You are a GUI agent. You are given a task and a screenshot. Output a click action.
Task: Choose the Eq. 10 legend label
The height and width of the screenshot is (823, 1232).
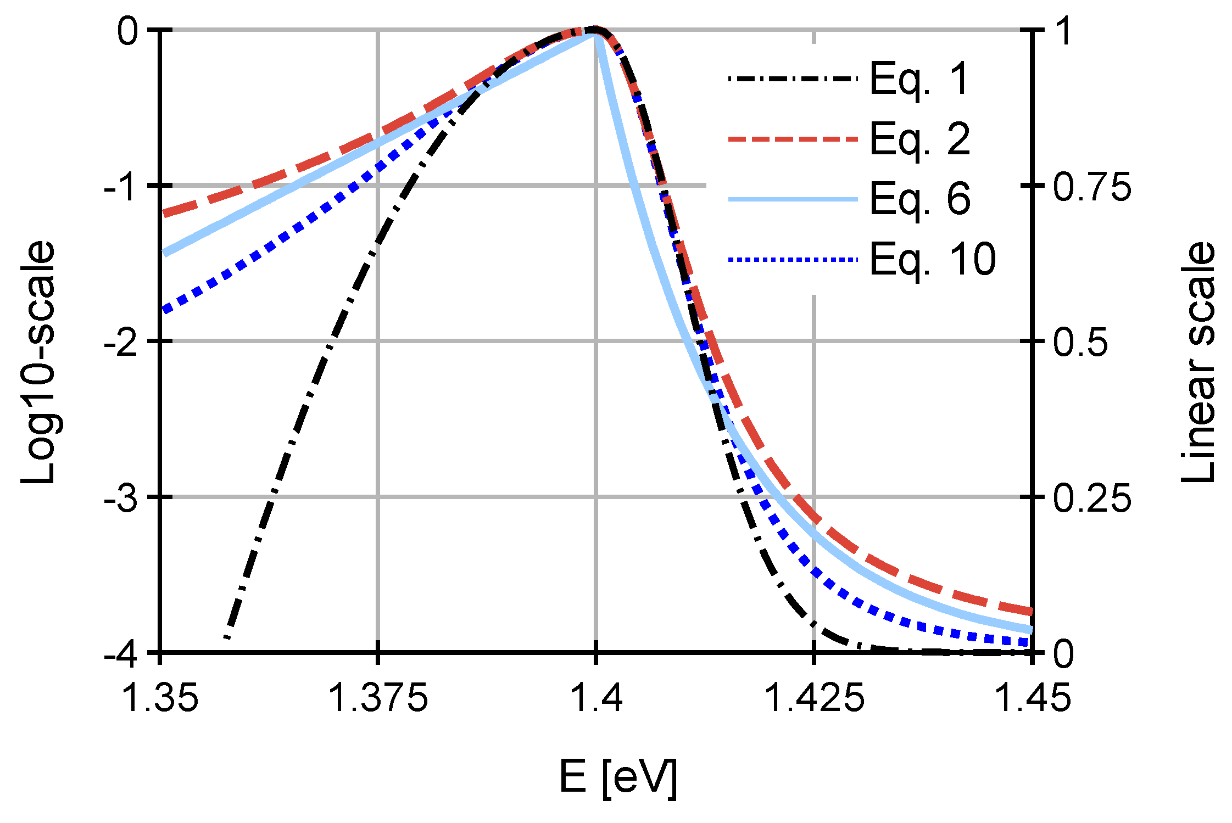tap(932, 259)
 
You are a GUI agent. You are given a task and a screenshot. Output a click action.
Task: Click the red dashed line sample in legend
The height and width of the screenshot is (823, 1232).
tap(793, 139)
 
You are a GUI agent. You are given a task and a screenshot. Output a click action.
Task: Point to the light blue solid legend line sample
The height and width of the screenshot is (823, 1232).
tap(793, 199)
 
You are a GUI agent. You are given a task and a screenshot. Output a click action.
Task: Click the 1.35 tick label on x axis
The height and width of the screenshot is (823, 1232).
tap(160, 698)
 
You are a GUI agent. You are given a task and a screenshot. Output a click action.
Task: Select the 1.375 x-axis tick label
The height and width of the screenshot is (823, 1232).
tap(378, 698)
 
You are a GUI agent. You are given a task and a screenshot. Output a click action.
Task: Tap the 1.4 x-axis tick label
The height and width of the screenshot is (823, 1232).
tap(596, 698)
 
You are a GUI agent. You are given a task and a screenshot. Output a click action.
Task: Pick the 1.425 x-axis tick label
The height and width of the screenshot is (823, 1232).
tap(814, 698)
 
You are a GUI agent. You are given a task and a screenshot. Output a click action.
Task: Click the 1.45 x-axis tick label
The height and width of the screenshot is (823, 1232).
tap(1032, 698)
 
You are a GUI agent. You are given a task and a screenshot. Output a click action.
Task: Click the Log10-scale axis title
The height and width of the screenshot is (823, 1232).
tap(38, 362)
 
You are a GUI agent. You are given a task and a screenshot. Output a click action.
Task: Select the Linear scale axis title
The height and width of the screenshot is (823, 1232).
tap(1198, 362)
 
